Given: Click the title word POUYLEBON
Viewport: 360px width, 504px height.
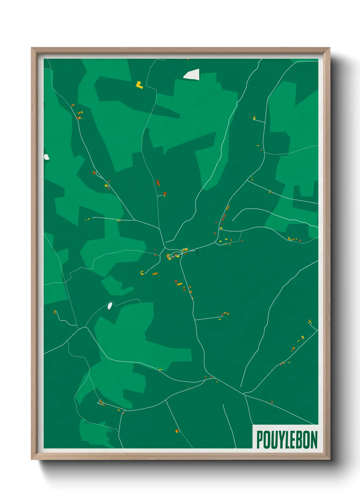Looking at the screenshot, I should (287, 440).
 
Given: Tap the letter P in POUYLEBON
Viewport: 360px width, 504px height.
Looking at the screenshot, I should (260, 440).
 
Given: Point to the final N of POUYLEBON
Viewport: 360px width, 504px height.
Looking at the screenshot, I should (313, 440).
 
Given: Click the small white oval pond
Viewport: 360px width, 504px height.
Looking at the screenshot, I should (110, 305).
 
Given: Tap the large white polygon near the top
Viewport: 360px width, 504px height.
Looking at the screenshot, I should (192, 75).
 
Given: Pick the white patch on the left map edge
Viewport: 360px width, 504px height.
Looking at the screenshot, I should (46, 157).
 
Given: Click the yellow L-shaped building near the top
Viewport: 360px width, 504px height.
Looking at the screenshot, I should (139, 85).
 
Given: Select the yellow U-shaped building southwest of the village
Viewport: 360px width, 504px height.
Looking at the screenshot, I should (142, 272).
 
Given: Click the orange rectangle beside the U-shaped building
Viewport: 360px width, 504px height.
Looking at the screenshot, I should (155, 273).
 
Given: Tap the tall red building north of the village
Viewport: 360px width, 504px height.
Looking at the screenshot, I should (158, 183).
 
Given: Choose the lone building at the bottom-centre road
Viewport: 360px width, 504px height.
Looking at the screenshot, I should (177, 431).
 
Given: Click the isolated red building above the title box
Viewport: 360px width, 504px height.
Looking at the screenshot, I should (272, 402).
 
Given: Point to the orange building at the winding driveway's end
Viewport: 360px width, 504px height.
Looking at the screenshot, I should (54, 312).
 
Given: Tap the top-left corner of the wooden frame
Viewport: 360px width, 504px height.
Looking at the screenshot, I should (32, 48).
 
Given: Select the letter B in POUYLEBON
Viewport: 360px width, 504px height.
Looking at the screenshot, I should (298, 440).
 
